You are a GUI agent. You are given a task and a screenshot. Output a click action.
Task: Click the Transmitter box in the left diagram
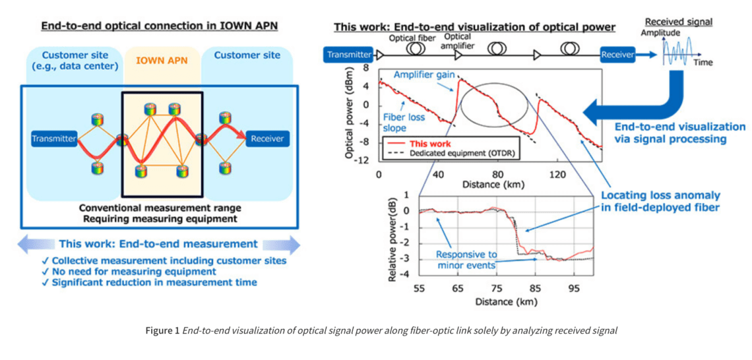(54, 138)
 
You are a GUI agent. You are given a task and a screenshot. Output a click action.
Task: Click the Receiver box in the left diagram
(267, 138)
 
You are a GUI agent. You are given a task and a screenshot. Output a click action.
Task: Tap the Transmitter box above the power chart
(348, 55)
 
